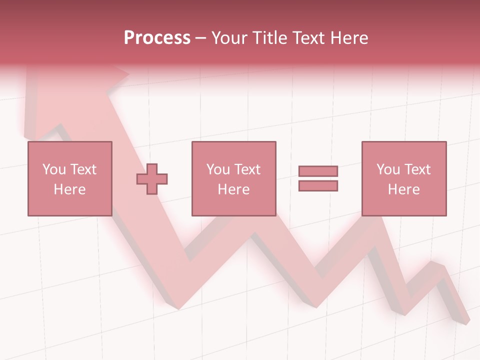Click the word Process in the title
[157, 38]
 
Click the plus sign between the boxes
[152, 179]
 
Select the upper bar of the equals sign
[318, 171]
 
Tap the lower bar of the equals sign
[318, 186]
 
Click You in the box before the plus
[53, 169]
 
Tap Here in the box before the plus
[69, 189]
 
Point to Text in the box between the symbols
[248, 169]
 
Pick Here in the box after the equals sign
[404, 189]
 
